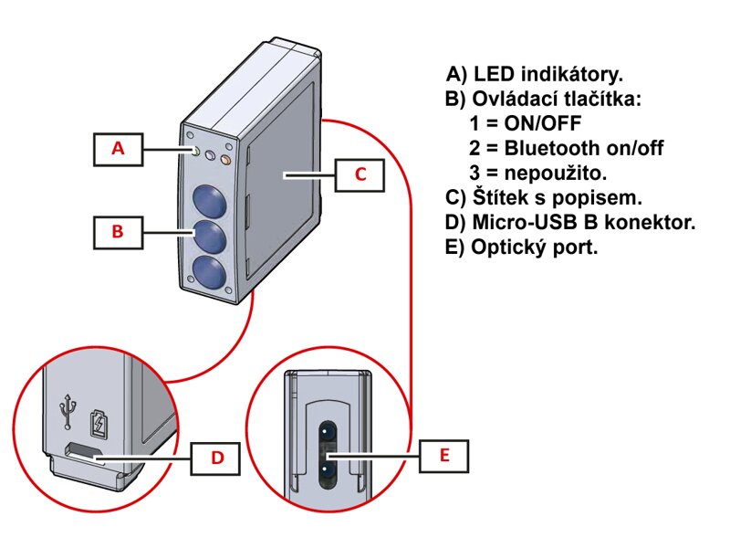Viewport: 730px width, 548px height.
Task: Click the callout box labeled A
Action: (x=118, y=148)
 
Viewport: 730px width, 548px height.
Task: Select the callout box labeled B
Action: (x=118, y=232)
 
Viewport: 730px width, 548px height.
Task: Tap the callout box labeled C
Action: (x=360, y=174)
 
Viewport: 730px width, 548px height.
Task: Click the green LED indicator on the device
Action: (x=193, y=151)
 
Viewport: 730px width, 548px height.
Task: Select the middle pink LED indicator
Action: (x=209, y=156)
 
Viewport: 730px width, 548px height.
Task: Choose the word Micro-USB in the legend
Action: (x=517, y=222)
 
